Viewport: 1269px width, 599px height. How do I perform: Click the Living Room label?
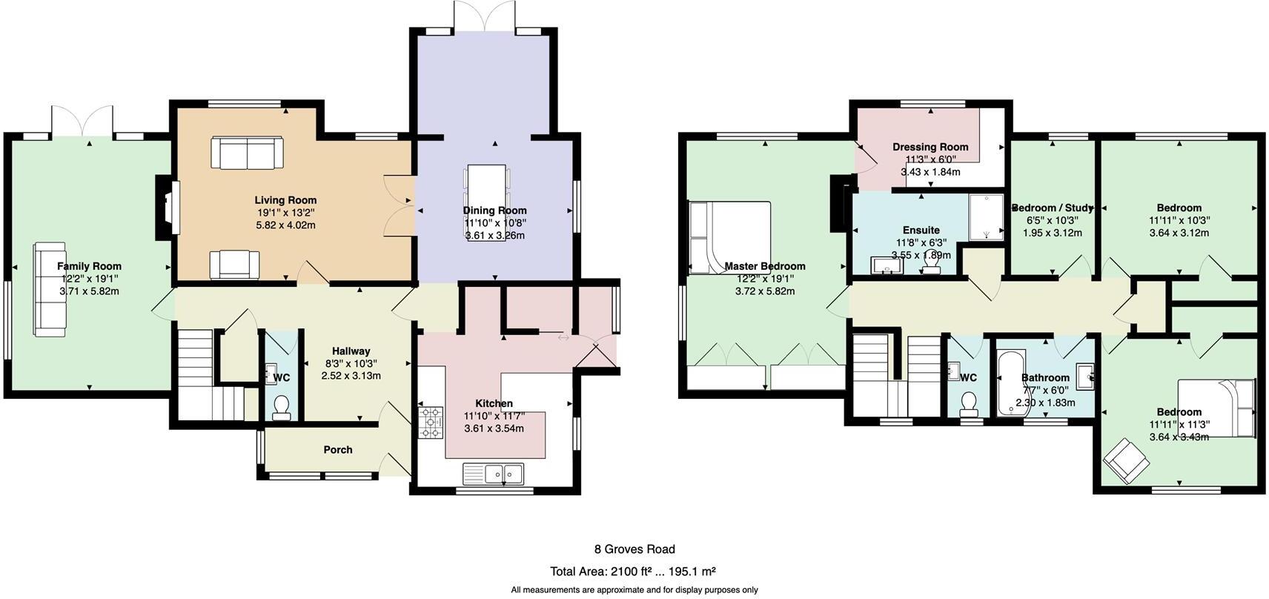(285, 200)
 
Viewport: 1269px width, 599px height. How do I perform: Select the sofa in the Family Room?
(50, 289)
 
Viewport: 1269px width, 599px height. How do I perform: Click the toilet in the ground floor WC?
(282, 408)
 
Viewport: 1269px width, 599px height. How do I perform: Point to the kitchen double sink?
(493, 472)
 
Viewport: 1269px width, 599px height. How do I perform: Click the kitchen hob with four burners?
(431, 423)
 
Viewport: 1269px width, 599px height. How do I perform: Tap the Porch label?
(338, 450)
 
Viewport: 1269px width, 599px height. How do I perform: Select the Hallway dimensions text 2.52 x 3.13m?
(351, 376)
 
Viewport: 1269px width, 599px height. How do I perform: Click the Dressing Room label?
(930, 147)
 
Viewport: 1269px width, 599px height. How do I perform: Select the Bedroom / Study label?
(1053, 208)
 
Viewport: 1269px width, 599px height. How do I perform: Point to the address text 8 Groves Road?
(634, 549)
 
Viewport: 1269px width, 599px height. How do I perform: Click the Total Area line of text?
(632, 572)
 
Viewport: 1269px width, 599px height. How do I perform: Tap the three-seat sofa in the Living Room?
(246, 153)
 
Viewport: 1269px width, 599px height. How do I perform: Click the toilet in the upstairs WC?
(968, 404)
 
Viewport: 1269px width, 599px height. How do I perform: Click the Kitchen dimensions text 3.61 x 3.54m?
(494, 428)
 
